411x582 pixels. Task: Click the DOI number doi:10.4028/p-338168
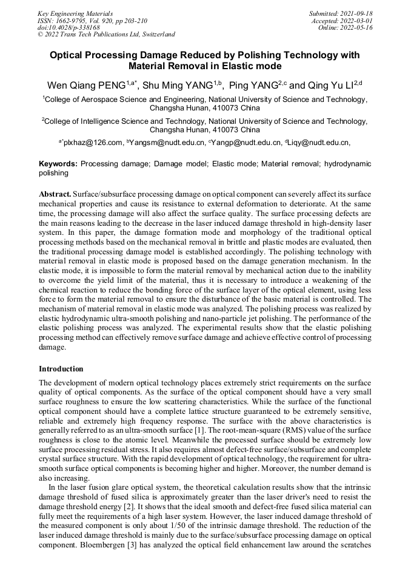coord(68,27)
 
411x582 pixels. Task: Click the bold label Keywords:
coord(58,164)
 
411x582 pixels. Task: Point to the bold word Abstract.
coord(55,193)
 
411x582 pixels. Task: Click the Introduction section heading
coord(61,368)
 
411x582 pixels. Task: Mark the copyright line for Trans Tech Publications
coord(106,35)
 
